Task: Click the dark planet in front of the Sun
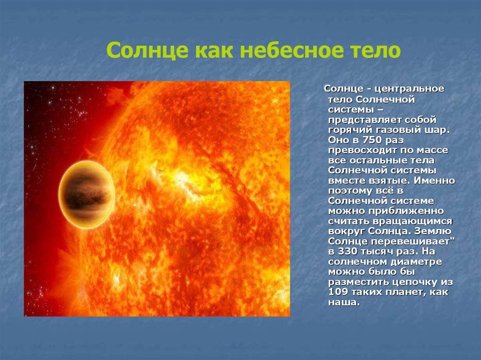tap(87, 194)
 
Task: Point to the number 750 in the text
tap(372, 140)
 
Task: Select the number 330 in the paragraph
tap(348, 252)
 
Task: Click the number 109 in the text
tap(338, 292)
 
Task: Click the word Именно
tap(434, 181)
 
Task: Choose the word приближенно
tap(406, 211)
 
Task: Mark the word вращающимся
tap(412, 222)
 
